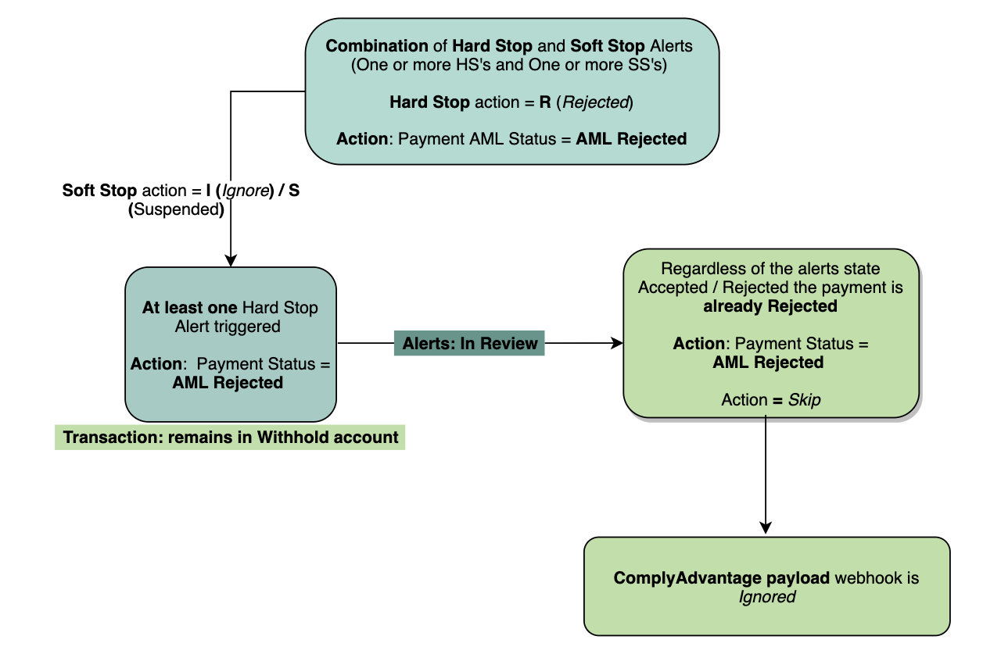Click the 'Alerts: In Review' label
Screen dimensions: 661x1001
coord(470,343)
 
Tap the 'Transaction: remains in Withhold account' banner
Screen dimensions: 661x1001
coord(230,437)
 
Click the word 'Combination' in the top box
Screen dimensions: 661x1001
coord(377,46)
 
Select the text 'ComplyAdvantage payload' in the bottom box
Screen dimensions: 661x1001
coord(721,578)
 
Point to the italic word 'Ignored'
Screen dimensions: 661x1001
coord(766,597)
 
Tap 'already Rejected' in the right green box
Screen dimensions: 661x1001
coord(770,306)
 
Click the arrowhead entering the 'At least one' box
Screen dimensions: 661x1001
coord(231,260)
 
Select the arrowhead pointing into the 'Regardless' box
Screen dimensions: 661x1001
coord(617,343)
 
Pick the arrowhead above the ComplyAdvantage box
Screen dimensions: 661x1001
coord(766,529)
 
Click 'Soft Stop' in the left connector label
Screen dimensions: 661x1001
coord(100,190)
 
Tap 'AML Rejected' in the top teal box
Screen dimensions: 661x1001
coord(631,139)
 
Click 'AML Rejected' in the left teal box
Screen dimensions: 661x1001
coord(228,383)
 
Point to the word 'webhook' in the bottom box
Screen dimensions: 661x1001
coord(863,578)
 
